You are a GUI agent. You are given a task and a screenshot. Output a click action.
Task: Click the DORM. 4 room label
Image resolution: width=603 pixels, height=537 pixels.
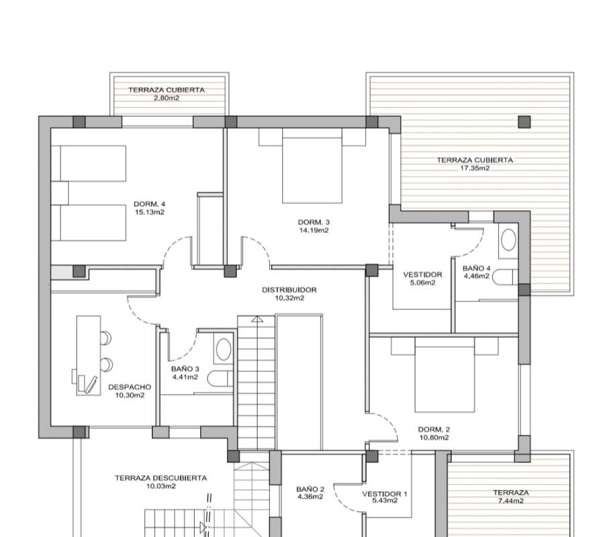pyautogui.click(x=149, y=204)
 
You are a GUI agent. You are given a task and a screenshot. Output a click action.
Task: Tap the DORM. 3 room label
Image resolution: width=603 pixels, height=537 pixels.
pyautogui.click(x=314, y=222)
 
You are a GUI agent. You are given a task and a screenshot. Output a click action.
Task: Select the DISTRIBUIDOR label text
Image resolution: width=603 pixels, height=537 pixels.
pyautogui.click(x=289, y=290)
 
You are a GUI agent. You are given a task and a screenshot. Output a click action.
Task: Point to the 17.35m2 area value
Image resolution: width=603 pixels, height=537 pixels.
pyautogui.click(x=475, y=168)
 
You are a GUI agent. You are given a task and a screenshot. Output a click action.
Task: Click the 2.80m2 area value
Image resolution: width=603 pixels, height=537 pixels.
pyautogui.click(x=167, y=98)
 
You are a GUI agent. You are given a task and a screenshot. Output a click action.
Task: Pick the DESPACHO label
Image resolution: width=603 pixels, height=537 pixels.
pyautogui.click(x=130, y=387)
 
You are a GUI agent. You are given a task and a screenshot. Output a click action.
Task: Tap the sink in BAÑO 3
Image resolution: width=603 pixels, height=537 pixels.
pyautogui.click(x=224, y=349)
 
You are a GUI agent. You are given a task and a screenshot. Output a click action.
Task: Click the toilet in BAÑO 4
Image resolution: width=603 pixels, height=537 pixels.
pyautogui.click(x=505, y=277)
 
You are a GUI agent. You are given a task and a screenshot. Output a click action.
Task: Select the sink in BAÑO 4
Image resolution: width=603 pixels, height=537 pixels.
pyautogui.click(x=508, y=240)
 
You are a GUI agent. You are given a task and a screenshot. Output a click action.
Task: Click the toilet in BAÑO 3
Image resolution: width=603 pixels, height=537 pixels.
pyautogui.click(x=220, y=379)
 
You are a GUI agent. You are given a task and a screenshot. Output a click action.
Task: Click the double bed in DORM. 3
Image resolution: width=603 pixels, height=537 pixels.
pyautogui.click(x=312, y=166)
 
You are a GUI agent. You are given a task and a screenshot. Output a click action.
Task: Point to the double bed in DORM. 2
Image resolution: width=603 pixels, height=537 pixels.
pyautogui.click(x=445, y=375)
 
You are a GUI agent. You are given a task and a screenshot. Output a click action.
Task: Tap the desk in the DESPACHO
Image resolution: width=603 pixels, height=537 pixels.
pyautogui.click(x=89, y=356)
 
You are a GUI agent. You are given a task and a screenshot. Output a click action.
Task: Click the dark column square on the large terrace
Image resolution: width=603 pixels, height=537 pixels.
pyautogui.click(x=524, y=122)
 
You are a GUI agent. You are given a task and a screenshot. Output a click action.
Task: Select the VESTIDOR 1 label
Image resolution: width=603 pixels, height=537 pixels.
pyautogui.click(x=385, y=494)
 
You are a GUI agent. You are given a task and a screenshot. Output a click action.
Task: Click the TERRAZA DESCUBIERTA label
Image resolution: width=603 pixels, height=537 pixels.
pyautogui.click(x=160, y=478)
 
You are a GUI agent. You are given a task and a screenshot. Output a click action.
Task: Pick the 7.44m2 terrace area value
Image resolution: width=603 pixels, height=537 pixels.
pyautogui.click(x=511, y=501)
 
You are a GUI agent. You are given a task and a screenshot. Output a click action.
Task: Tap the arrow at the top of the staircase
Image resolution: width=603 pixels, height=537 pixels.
pyautogui.click(x=257, y=319)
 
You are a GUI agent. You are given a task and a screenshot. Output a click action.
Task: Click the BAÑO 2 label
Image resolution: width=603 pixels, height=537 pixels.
pyautogui.click(x=310, y=489)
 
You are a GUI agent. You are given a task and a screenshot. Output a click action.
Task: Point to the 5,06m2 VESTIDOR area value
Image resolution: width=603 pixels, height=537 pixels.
pyautogui.click(x=422, y=283)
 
